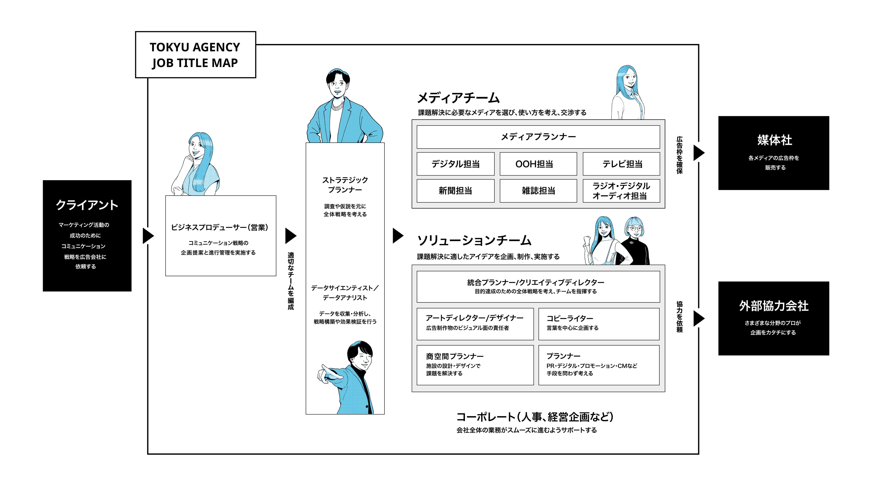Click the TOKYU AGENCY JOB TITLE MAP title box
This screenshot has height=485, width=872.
(195, 55)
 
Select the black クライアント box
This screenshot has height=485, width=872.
(87, 236)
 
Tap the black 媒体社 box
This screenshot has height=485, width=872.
(774, 153)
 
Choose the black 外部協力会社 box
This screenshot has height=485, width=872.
(774, 318)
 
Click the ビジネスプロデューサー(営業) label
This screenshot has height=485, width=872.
(219, 227)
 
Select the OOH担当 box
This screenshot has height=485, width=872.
(538, 164)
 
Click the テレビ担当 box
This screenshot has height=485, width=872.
(621, 164)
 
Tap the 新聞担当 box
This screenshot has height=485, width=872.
(455, 191)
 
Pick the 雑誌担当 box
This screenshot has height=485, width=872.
(538, 191)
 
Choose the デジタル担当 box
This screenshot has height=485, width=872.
(455, 164)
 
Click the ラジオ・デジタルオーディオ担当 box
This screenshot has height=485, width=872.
(621, 191)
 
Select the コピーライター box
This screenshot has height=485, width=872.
(599, 324)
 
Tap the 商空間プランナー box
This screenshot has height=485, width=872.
(475, 365)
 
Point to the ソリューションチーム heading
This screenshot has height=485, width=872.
(474, 241)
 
